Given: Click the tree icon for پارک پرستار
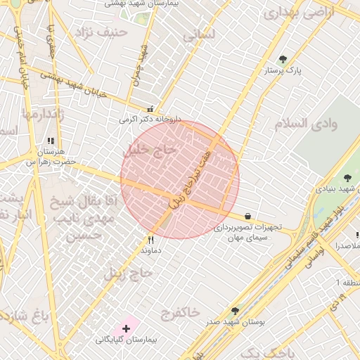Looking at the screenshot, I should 283,60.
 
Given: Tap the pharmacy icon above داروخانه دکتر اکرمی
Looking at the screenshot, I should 150,109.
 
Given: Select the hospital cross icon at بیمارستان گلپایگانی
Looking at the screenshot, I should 127,328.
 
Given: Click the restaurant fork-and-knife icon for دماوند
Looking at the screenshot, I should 150,239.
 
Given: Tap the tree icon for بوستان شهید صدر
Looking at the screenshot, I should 235,310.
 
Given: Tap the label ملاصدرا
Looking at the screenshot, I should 347,246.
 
